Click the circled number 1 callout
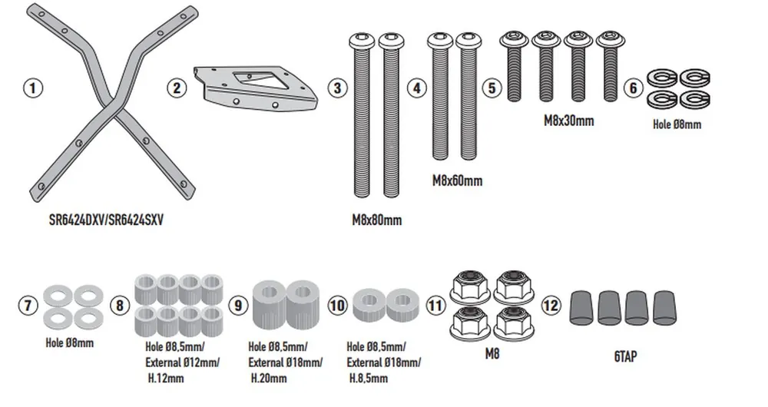coord(31,88)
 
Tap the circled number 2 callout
coord(177,88)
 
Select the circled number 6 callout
coord(634,88)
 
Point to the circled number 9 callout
coord(239,305)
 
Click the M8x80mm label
coord(376,220)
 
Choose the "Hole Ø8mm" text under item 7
coord(69,342)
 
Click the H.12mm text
coord(164,379)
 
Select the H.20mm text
coord(268,378)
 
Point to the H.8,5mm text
coord(368,378)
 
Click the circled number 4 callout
coord(416,88)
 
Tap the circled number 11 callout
coord(435,305)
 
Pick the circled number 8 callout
coord(119,305)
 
